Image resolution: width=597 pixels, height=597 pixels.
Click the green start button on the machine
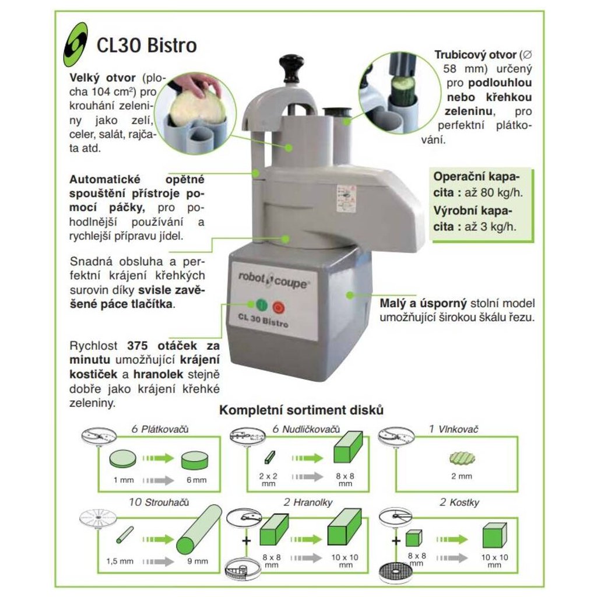(x=262, y=305)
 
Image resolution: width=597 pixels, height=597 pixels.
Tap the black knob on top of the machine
(x=292, y=66)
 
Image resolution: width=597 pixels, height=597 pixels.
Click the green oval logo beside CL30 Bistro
(x=75, y=44)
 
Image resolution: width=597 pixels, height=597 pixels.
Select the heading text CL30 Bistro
(x=146, y=45)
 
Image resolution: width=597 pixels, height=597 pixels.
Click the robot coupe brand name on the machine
(x=272, y=280)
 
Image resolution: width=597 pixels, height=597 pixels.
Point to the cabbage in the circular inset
(x=195, y=105)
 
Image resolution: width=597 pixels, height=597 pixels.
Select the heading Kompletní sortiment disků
(x=301, y=410)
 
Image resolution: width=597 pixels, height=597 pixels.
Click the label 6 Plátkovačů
(x=160, y=429)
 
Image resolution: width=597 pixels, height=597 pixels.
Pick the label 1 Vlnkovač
(x=453, y=429)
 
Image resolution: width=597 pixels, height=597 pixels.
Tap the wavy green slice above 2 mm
(x=462, y=458)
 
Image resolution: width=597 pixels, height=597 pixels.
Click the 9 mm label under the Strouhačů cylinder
(x=197, y=561)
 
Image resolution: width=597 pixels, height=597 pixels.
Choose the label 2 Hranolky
(x=308, y=502)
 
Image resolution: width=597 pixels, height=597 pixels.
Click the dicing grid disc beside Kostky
(x=396, y=574)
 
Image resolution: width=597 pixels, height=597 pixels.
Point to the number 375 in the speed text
(x=137, y=346)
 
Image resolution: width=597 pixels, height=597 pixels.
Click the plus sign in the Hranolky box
(x=247, y=540)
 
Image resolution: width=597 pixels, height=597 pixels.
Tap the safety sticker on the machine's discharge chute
(x=346, y=198)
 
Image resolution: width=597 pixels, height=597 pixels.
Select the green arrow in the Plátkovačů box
(x=159, y=458)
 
